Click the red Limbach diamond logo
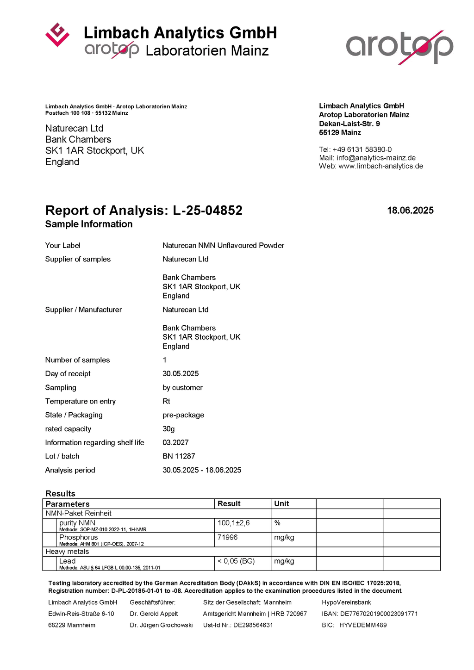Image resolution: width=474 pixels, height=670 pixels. [x=57, y=35]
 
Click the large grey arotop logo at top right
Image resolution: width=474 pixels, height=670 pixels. [x=399, y=47]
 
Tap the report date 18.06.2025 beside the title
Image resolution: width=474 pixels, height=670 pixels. [x=410, y=211]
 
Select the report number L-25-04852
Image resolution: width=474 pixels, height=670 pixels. [x=207, y=211]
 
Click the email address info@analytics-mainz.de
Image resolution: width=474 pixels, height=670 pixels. [x=376, y=158]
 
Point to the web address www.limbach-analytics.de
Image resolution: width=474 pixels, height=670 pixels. [x=380, y=166]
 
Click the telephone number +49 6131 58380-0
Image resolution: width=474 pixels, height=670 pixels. [x=362, y=149]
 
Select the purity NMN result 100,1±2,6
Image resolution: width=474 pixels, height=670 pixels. [x=234, y=523]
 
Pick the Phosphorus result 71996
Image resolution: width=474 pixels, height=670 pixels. [x=228, y=537]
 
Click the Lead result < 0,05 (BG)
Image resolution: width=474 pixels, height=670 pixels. [x=236, y=561]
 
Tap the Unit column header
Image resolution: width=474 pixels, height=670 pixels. [x=281, y=503]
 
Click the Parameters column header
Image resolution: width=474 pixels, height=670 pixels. [x=68, y=504]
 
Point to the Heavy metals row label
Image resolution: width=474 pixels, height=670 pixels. [x=67, y=552]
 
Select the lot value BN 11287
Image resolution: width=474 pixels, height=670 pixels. [x=179, y=456]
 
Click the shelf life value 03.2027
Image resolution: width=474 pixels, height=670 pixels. [x=175, y=442]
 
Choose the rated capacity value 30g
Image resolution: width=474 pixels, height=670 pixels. [x=168, y=429]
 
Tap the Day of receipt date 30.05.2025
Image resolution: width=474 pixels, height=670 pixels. [x=181, y=373]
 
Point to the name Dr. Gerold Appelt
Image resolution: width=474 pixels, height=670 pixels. [x=154, y=614]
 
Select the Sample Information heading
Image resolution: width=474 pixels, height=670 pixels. [x=89, y=224]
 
